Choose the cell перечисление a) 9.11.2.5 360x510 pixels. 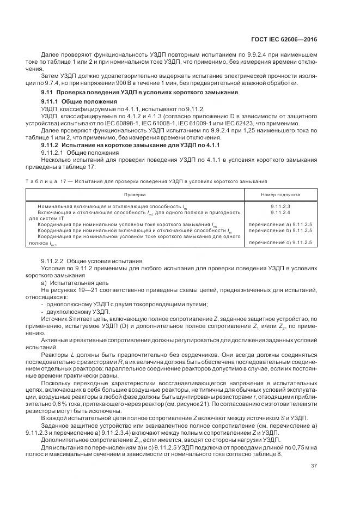[280, 224]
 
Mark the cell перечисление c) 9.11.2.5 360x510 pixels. [280, 242]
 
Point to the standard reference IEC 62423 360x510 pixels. [258, 124]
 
